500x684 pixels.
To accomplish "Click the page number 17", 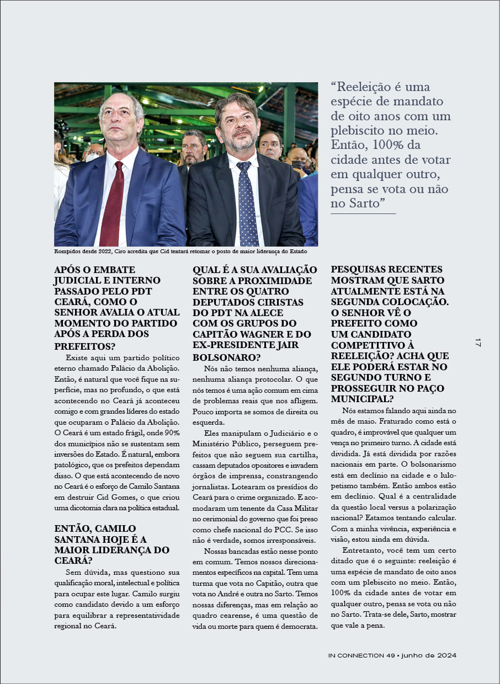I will (478, 342).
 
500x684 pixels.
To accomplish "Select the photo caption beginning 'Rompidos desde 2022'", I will (180, 252).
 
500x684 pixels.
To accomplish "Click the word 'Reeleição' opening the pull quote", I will (364, 87).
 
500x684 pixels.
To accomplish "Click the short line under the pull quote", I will (363, 213).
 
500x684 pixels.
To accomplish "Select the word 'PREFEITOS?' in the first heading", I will (85, 346).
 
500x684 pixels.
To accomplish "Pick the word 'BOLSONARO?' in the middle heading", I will (223, 357).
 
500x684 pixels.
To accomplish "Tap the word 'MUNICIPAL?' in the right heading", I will (363, 399).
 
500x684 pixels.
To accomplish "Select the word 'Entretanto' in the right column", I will (361, 550).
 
